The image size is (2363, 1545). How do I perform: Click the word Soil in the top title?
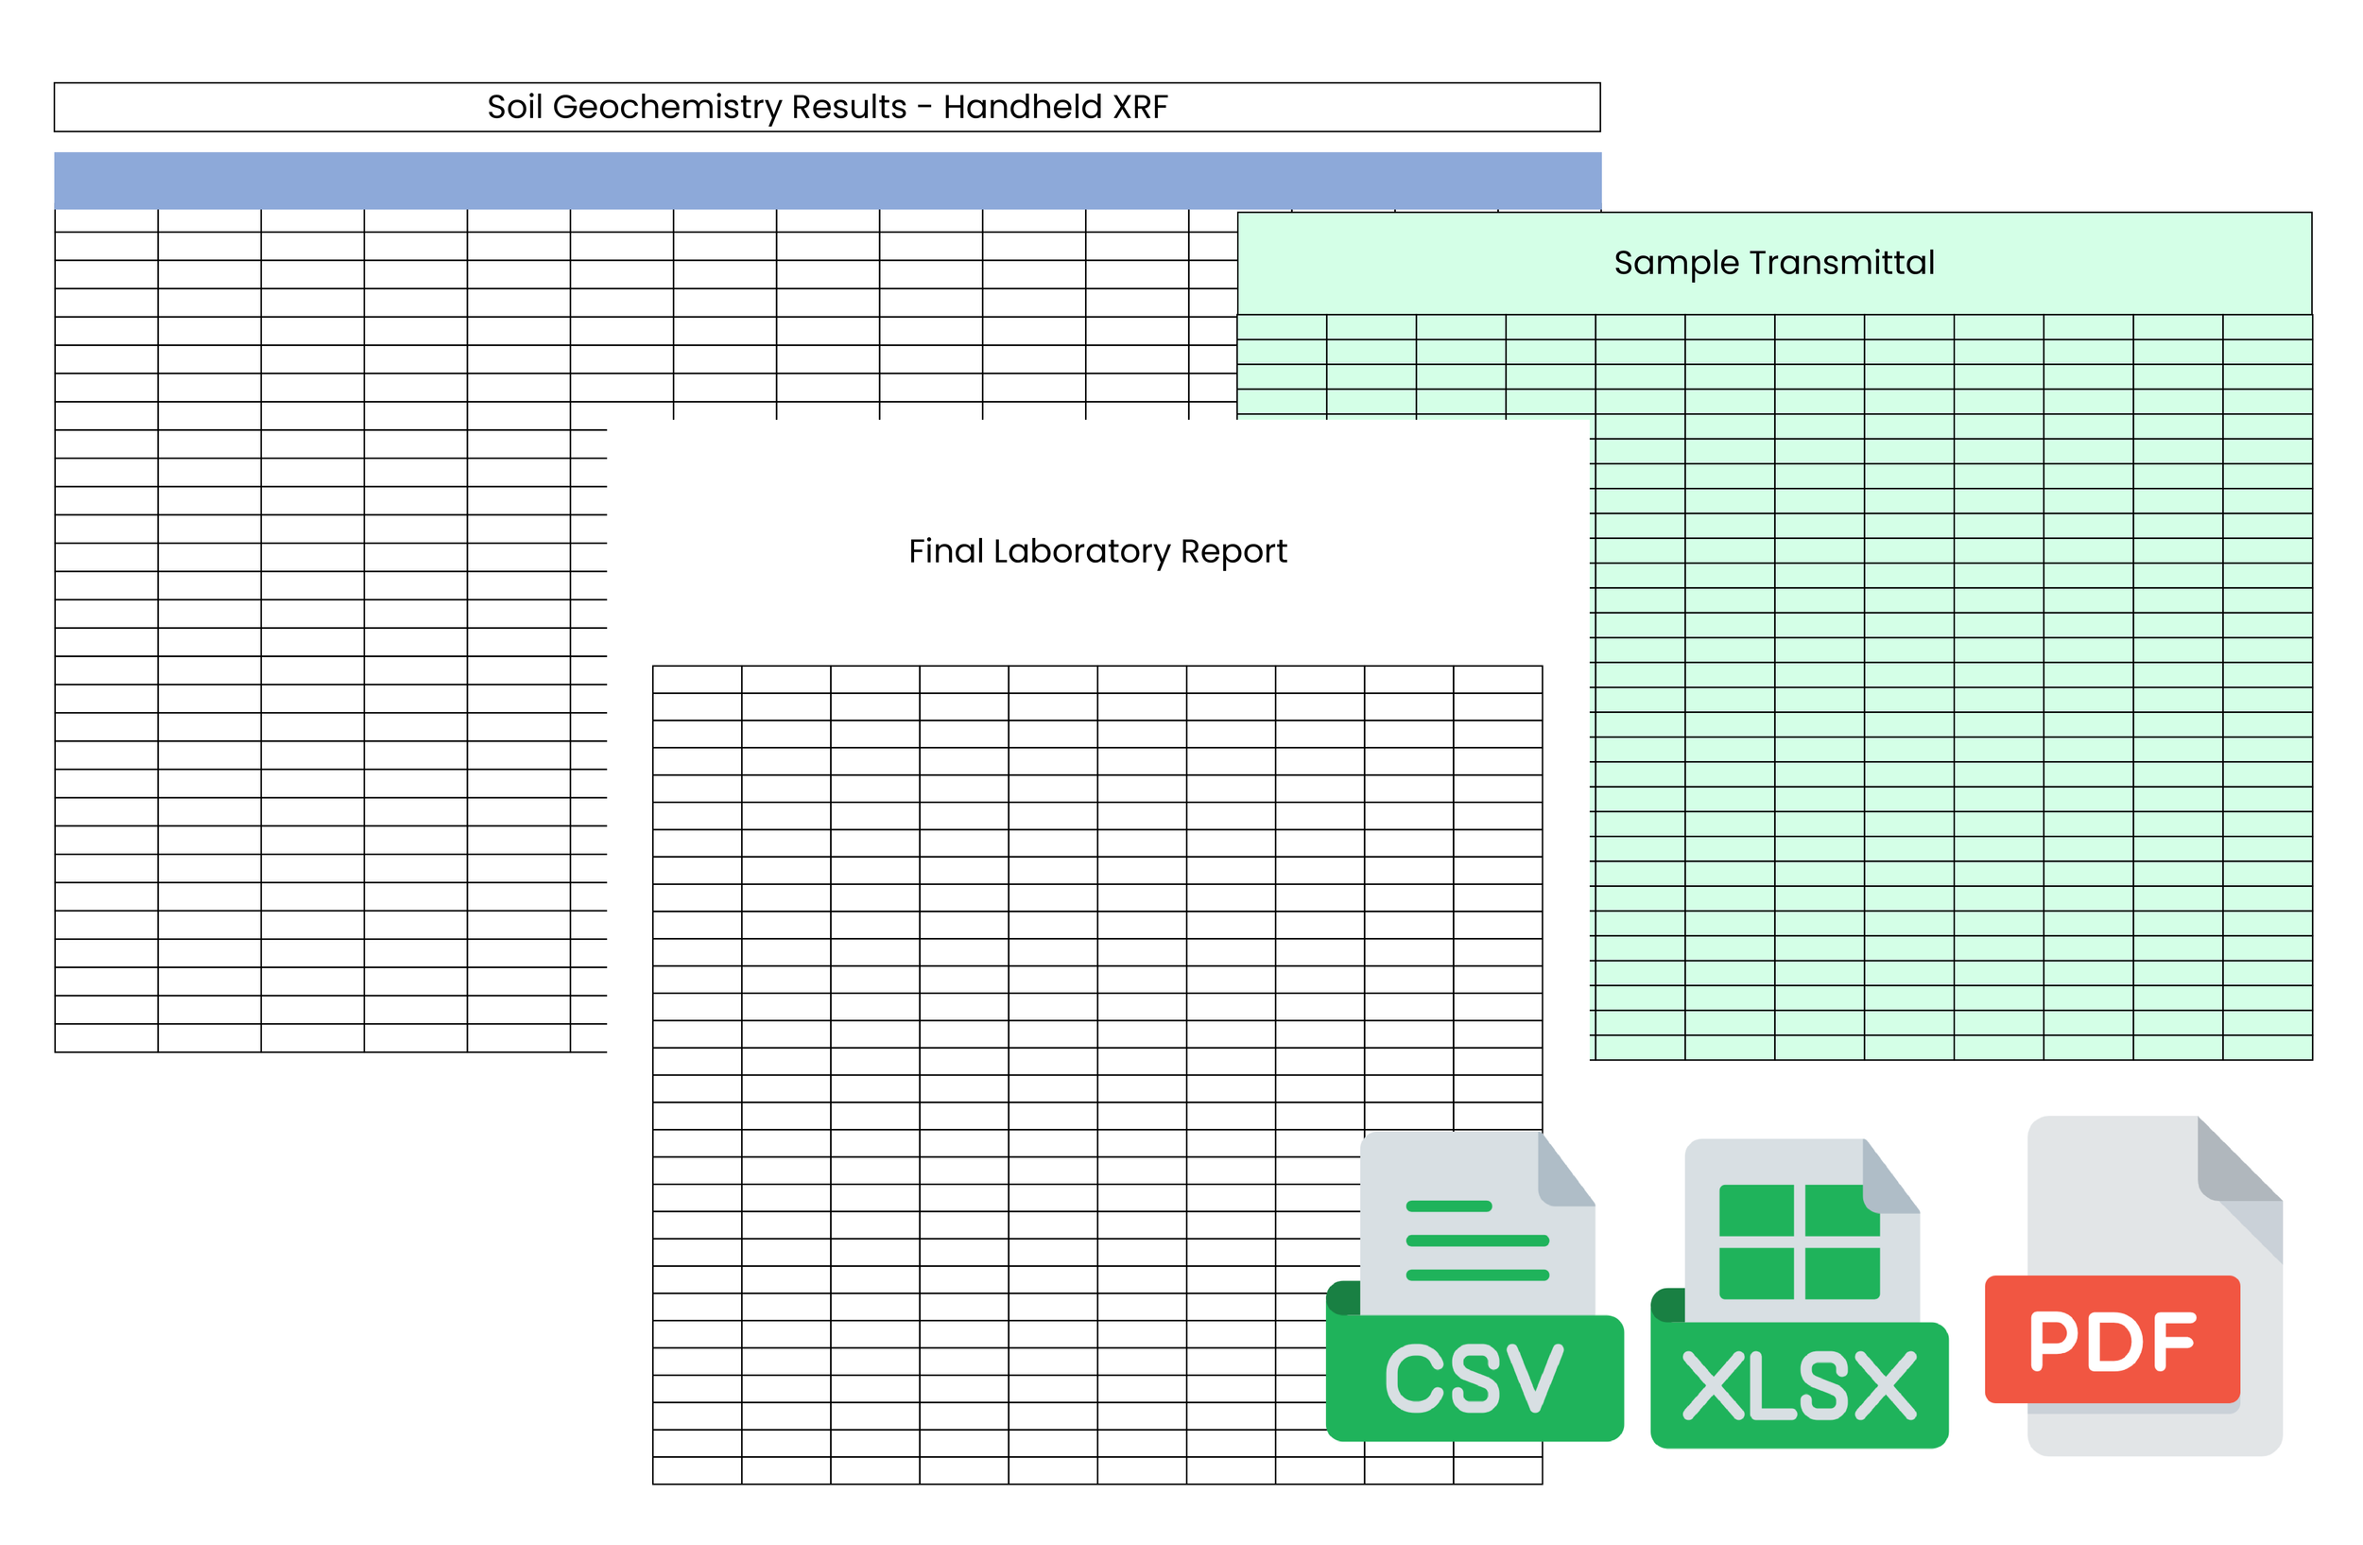(514, 107)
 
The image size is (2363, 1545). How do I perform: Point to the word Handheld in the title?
(1023, 107)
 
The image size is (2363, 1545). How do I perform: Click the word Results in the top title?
(849, 107)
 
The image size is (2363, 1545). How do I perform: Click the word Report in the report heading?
(1233, 551)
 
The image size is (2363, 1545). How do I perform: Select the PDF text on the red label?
(2112, 1341)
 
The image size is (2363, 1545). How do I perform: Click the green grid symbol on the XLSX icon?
(1798, 1241)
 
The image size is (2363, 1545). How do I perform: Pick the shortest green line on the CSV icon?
(1449, 1206)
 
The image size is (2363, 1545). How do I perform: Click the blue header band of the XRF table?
(827, 181)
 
